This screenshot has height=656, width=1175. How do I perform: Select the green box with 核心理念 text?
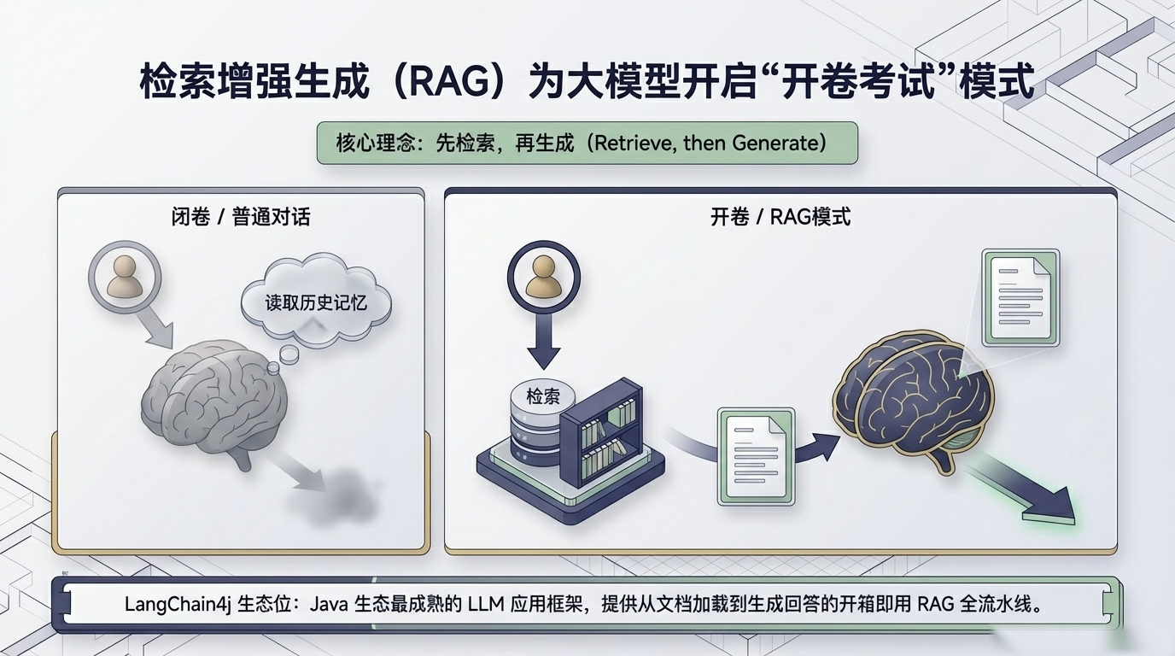click(x=587, y=143)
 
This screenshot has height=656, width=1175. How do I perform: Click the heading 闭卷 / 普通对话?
click(x=241, y=216)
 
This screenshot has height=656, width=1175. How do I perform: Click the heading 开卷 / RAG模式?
click(x=780, y=216)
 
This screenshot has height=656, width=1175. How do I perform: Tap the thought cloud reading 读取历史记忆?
click(x=315, y=301)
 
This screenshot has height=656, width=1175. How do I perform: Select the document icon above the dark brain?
click(x=1020, y=297)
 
